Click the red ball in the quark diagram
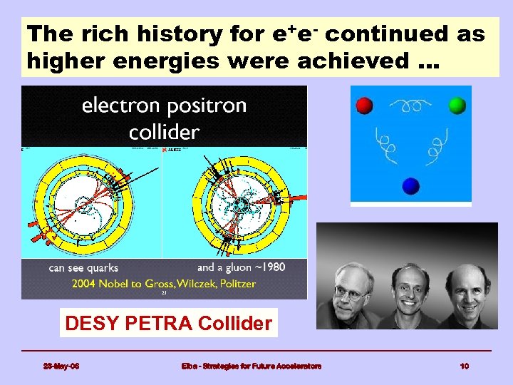pos(364,106)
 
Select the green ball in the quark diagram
pos(457,106)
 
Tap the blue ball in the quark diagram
pos(410,185)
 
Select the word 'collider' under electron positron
pos(164,131)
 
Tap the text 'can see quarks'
pos(83,268)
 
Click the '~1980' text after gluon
pos(270,268)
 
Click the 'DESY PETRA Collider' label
pos(168,324)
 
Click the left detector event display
pos(92,202)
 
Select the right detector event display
pos(236,202)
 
